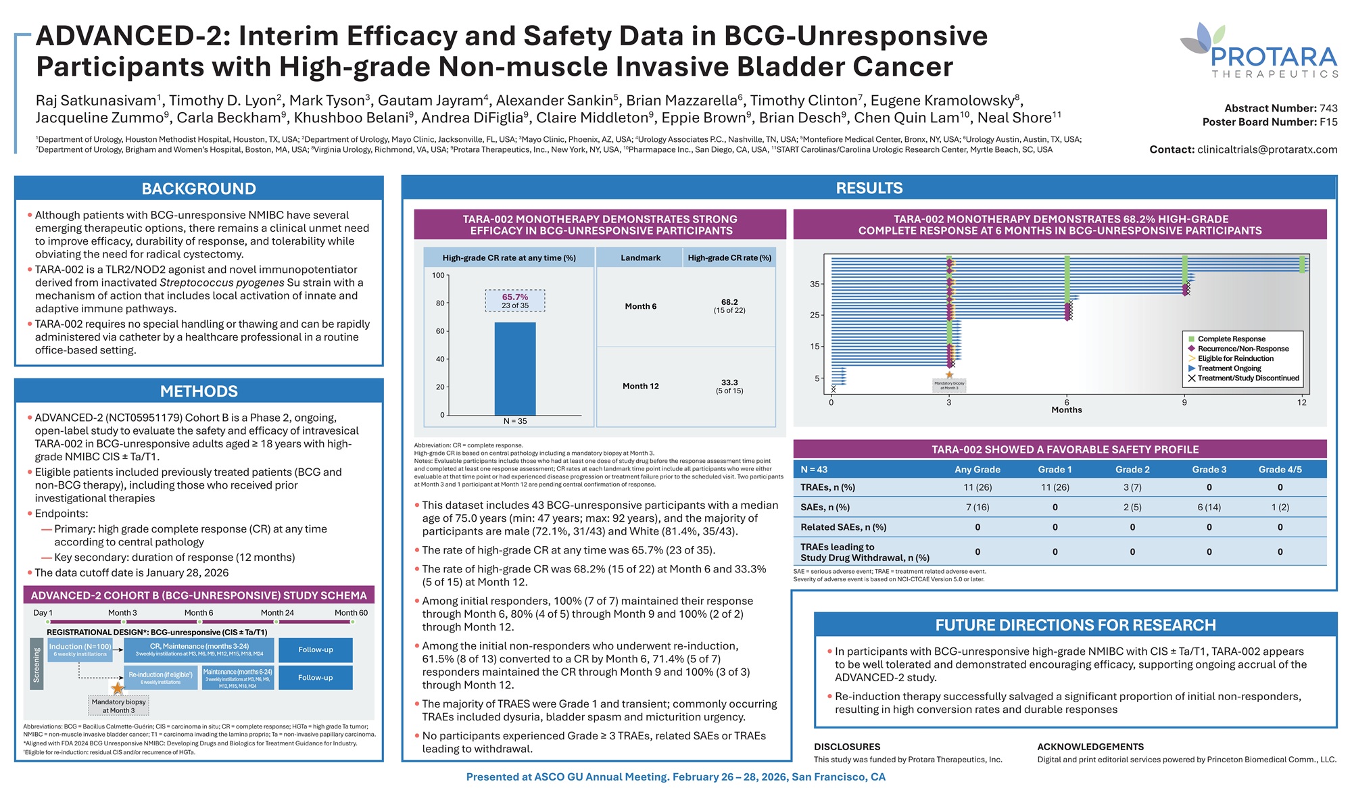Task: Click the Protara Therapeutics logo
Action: click(x=1259, y=51)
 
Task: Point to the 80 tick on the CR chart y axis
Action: click(x=440, y=303)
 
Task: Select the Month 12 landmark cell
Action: click(x=640, y=386)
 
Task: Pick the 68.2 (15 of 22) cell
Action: click(x=729, y=306)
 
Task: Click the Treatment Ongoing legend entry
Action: click(x=1229, y=368)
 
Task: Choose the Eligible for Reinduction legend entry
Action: click(x=1235, y=358)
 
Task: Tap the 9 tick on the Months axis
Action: click(x=1184, y=402)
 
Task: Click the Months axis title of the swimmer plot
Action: click(x=1067, y=410)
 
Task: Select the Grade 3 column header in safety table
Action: click(x=1209, y=469)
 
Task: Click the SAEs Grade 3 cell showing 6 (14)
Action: click(x=1209, y=507)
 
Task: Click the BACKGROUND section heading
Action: click(x=199, y=189)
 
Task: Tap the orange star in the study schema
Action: click(x=118, y=688)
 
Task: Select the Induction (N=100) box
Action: click(x=80, y=649)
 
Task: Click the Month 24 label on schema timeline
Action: click(x=277, y=613)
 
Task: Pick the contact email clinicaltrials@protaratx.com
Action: click(x=1266, y=149)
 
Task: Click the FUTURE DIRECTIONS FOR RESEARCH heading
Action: click(x=1075, y=625)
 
